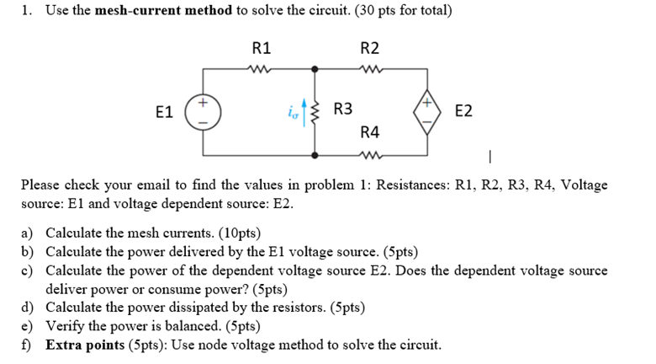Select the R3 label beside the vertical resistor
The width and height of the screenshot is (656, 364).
coord(343,110)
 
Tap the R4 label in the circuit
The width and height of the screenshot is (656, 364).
coord(369,132)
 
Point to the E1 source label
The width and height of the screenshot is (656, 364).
coord(166,111)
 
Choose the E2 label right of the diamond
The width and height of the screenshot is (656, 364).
coord(463,110)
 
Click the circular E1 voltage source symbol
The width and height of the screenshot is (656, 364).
coord(204,111)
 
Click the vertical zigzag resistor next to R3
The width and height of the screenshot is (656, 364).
coord(316,110)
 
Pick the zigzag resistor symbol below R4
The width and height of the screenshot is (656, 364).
coord(369,154)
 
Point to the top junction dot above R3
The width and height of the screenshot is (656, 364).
coord(316,67)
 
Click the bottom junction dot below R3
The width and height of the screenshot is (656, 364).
coord(316,155)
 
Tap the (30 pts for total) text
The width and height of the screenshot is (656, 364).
coord(394,11)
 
